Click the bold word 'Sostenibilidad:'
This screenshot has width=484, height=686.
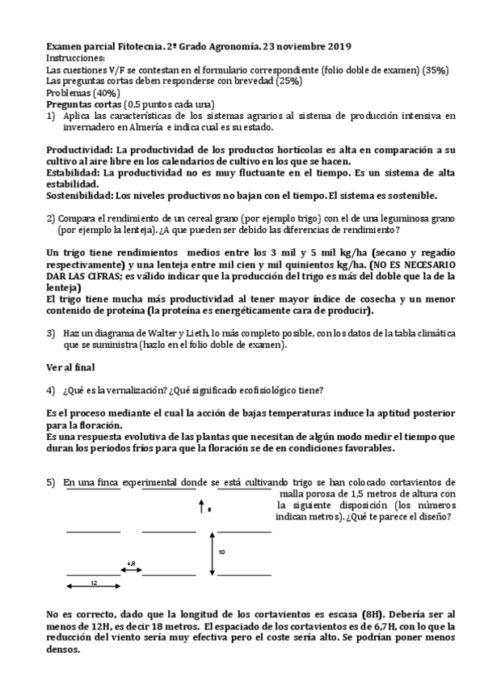[x=80, y=195]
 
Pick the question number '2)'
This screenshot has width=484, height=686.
[x=51, y=218]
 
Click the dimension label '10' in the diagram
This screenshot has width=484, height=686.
[x=221, y=551]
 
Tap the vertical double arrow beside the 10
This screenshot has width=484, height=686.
[x=211, y=551]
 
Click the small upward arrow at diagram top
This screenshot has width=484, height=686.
[x=201, y=507]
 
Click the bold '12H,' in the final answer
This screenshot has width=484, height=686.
[x=91, y=625]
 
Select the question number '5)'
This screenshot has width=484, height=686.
[x=51, y=482]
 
